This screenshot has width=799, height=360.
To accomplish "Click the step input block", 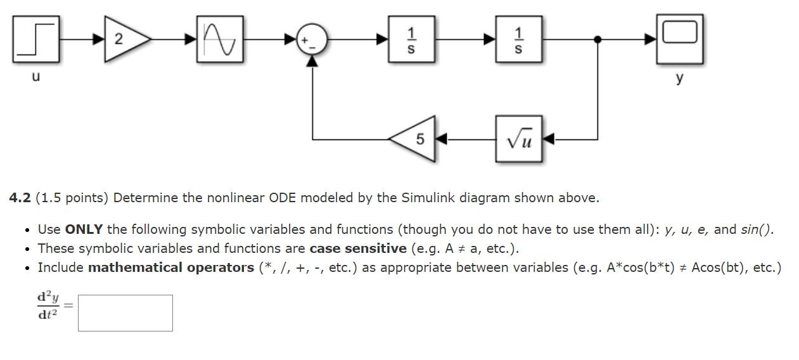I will (x=36, y=39).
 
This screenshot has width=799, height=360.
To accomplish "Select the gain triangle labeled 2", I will (x=124, y=39).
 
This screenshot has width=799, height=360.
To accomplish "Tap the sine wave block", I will (x=220, y=39).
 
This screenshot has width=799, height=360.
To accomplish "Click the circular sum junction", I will (x=312, y=39).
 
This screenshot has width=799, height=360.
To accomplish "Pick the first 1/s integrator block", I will (x=411, y=39).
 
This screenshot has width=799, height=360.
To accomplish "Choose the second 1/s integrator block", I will (x=519, y=39).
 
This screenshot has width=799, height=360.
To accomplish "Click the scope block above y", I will (x=679, y=39).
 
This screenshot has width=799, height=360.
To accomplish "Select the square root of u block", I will (x=519, y=139).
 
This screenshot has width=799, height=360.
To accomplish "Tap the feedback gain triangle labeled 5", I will (x=416, y=139).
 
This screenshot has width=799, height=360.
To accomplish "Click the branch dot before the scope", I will (x=598, y=39).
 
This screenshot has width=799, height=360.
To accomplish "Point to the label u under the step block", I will (x=35, y=77).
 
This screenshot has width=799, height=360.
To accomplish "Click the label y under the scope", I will (x=680, y=78).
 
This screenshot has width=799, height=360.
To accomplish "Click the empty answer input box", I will (x=125, y=312).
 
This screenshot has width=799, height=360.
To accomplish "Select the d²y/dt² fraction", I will (x=48, y=305).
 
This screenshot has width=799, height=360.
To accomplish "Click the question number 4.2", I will (x=20, y=198).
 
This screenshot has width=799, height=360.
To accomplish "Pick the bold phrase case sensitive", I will (x=358, y=248).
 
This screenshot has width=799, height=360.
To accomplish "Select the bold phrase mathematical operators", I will (x=171, y=267).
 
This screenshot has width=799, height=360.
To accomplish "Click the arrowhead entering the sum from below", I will (x=312, y=61).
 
